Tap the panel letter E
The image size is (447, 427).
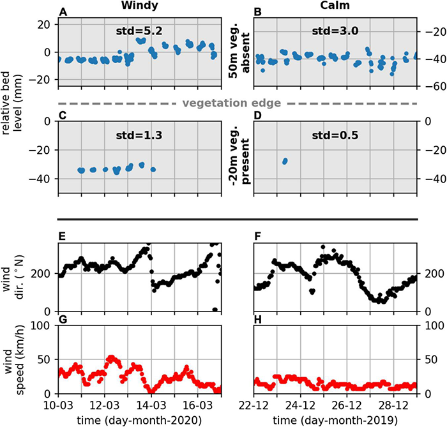pyautogui.click(x=62, y=237)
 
